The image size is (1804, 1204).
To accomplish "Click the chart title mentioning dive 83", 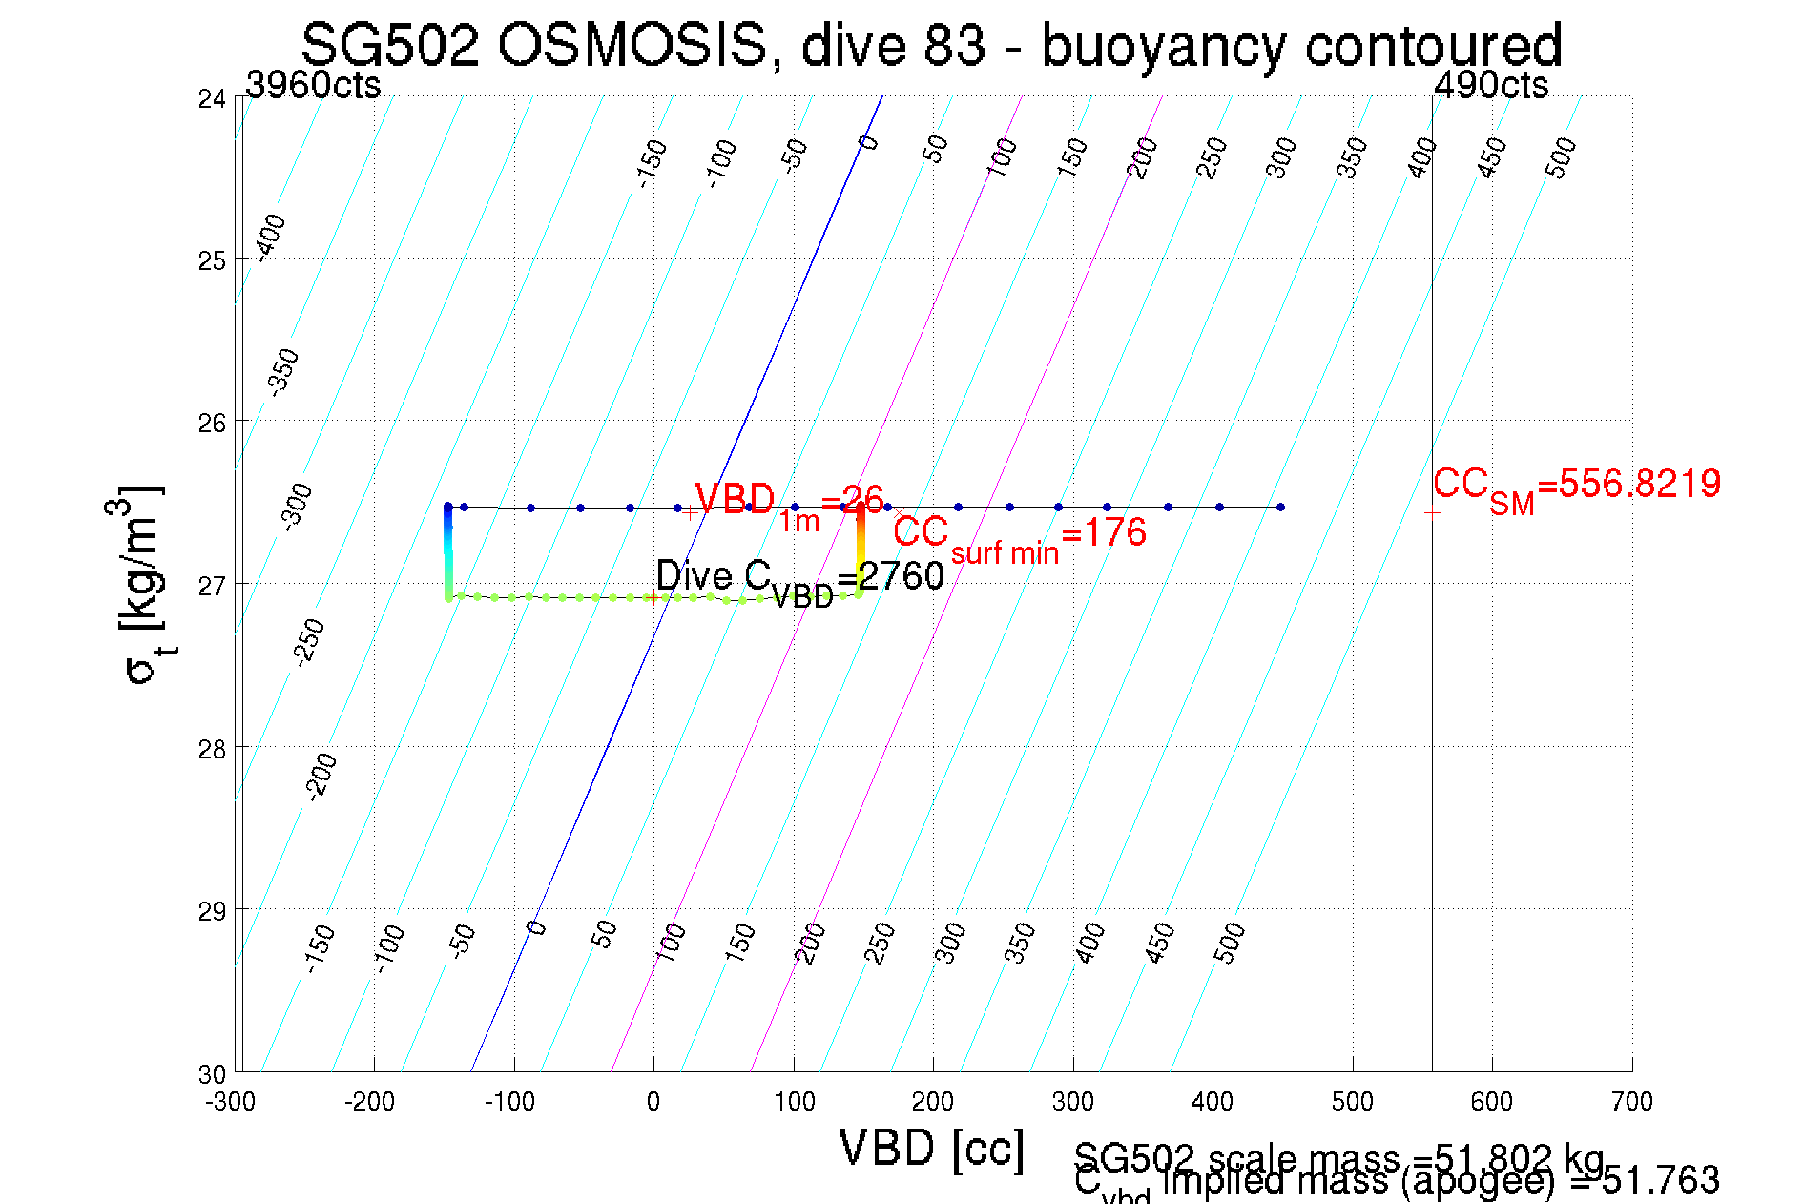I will pos(931,45).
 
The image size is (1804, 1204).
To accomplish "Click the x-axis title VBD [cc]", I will pos(931,1148).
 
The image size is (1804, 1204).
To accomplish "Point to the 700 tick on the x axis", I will pos(1631,1102).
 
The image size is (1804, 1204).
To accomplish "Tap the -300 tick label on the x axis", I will pos(231,1102).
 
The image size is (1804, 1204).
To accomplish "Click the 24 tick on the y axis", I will pos(212,99).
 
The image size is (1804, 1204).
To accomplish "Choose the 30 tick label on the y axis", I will pos(212,1074).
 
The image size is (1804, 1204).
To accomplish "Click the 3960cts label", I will pos(313,86).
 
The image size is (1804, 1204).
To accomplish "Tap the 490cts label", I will pos(1491,86).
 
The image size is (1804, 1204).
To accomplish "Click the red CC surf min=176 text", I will pos(1019,536).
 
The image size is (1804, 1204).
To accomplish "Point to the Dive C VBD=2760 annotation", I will pos(799,580).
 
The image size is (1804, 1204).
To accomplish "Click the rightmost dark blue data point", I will pos(1280,507).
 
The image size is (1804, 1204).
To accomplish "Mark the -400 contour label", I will pos(272,236).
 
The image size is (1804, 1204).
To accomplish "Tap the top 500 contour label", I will pos(1561,157).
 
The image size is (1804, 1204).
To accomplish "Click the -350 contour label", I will pos(284,372).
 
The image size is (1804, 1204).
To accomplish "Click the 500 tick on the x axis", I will pos(1352,1102).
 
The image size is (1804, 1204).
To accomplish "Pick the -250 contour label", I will pos(309,641).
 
